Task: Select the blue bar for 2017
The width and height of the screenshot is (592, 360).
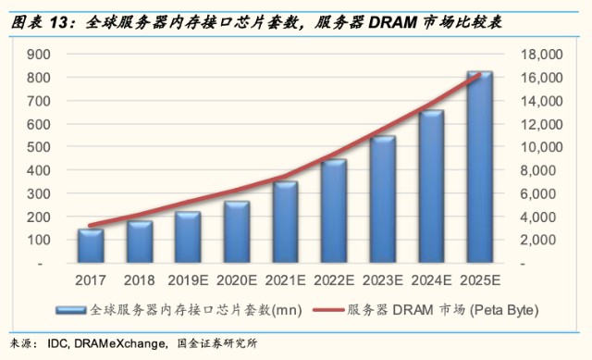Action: pos(91,246)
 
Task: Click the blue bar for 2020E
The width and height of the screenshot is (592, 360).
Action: pos(237,232)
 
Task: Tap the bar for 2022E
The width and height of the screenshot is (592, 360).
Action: pos(334,211)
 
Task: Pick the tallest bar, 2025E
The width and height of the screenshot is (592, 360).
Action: pos(480,167)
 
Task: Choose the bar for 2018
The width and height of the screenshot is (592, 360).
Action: pos(140,242)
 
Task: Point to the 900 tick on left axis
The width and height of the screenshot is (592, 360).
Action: pos(39,55)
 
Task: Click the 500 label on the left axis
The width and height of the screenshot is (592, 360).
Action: pos(39,147)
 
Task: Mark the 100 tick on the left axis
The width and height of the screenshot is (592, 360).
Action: pos(39,240)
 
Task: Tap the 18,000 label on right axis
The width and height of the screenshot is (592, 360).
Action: pos(541,55)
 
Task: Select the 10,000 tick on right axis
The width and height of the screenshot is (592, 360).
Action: pos(541,147)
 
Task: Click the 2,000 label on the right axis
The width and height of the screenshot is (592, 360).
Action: pos(541,240)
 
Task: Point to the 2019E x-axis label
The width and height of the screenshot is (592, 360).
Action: pos(188,280)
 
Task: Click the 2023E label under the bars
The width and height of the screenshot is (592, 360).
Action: pos(382,280)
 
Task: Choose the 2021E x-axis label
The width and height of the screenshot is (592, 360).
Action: pos(286,280)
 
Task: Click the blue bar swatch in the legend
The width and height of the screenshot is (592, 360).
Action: pos(71,310)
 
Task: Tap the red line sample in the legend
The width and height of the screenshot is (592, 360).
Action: pos(328,310)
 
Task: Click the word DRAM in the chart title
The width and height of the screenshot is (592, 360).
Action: pos(392,22)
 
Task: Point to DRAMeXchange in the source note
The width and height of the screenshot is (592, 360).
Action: pos(119,343)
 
